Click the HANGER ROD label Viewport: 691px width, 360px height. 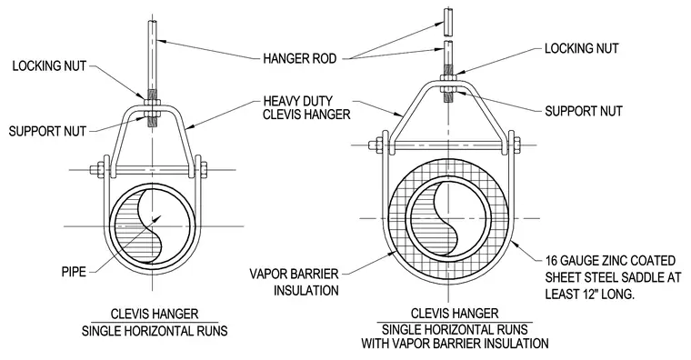point(300,58)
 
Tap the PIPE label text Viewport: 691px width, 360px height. point(74,272)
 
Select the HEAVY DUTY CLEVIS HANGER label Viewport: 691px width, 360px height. point(306,108)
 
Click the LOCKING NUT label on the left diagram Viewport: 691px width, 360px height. point(49,66)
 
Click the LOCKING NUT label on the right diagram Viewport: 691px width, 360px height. point(582,48)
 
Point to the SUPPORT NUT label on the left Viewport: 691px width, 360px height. point(47,131)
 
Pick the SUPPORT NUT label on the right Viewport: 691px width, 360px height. point(584,111)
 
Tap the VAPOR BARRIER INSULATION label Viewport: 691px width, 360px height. point(295,282)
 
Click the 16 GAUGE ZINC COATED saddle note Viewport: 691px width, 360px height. point(613,277)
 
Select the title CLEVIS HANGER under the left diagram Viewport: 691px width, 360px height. point(155,315)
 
